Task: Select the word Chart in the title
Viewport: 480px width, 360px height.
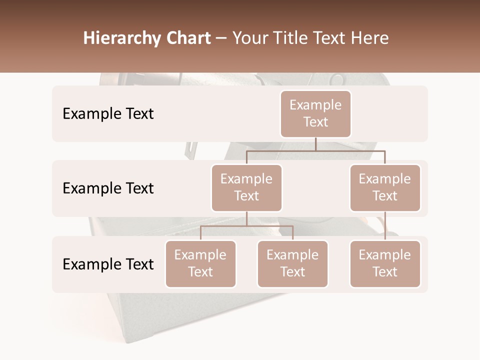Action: [187, 38]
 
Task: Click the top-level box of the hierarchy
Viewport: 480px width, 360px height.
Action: [315, 113]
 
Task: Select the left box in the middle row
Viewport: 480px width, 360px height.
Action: [246, 187]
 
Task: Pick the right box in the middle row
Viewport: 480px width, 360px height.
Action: [385, 187]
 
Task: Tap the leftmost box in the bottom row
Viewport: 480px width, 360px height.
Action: [200, 263]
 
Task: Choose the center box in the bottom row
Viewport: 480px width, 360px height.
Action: [292, 263]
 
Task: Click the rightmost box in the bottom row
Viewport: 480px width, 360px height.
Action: [385, 263]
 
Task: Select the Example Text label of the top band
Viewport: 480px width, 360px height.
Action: [108, 113]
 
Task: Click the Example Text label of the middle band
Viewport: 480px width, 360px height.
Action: [108, 188]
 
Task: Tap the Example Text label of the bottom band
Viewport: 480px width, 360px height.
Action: [108, 264]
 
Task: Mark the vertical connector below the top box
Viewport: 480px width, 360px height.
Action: [315, 144]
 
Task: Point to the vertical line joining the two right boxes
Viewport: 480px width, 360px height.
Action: [385, 225]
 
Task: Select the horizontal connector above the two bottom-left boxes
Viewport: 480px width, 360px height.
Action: [246, 226]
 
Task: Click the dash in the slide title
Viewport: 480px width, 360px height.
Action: [221, 38]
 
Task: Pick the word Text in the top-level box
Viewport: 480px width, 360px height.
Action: [315, 122]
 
